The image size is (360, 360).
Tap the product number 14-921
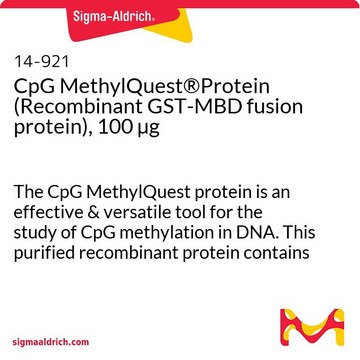[x=41, y=62]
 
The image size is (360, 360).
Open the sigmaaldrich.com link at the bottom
[x=51, y=342]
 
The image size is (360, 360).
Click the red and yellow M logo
[x=312, y=327]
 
